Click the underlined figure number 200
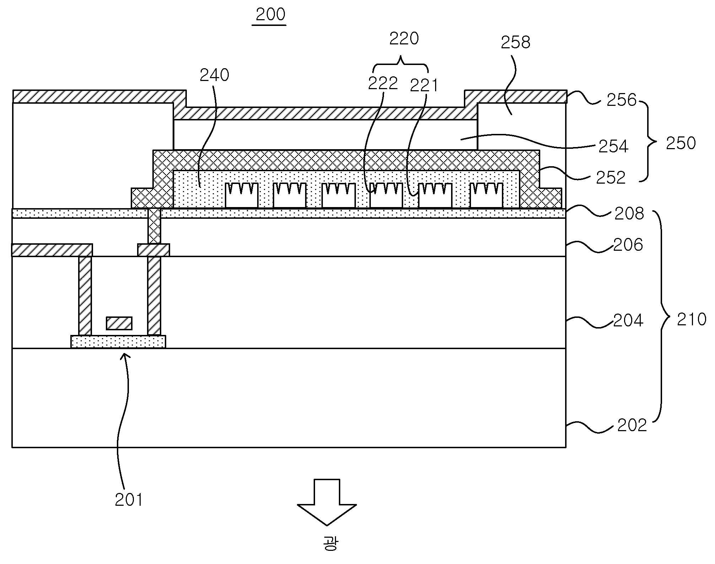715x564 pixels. (x=271, y=15)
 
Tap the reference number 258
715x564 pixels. (x=515, y=42)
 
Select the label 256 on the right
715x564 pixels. (x=622, y=100)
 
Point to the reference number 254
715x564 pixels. (x=613, y=146)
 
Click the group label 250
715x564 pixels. (x=681, y=143)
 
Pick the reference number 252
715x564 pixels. (x=611, y=178)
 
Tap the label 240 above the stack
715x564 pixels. (x=215, y=75)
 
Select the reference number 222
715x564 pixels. (x=383, y=83)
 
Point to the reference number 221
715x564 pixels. (x=424, y=85)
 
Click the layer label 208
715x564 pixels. (x=629, y=214)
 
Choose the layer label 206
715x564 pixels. (x=628, y=245)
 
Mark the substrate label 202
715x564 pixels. (x=632, y=425)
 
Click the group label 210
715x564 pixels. (x=692, y=319)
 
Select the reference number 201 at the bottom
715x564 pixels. (x=129, y=500)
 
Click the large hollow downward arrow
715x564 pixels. (x=327, y=502)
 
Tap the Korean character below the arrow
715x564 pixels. (x=330, y=544)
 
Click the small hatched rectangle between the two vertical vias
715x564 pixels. (x=119, y=323)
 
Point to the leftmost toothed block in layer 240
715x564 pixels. (x=242, y=195)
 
